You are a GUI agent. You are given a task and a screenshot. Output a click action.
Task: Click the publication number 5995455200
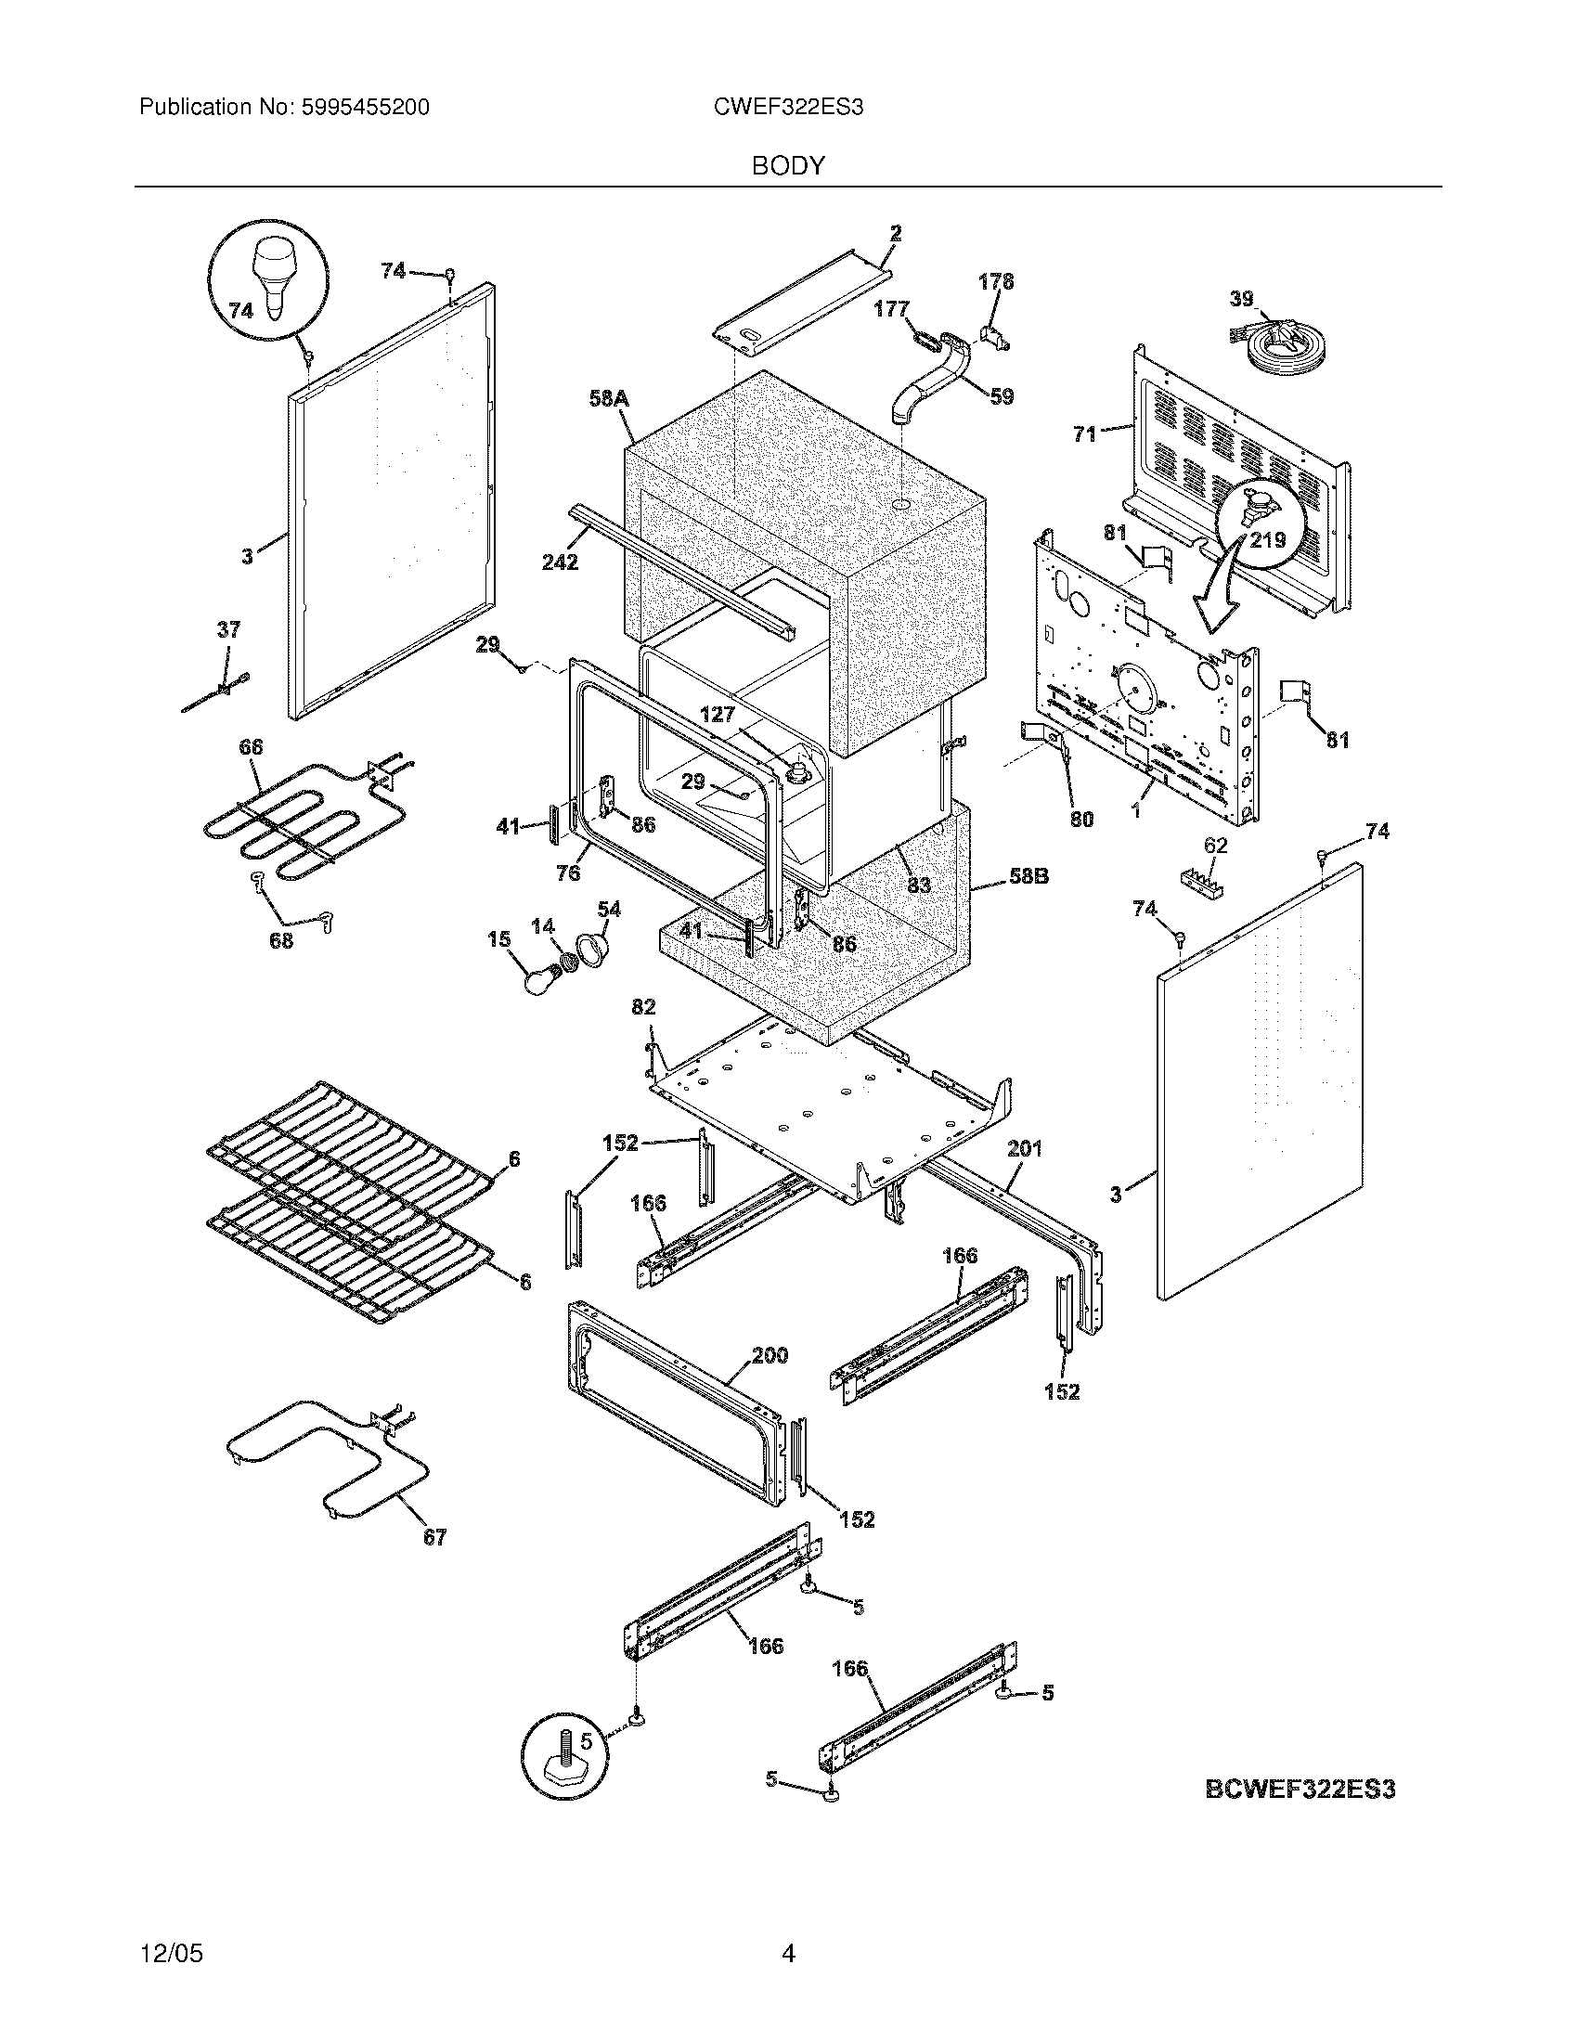[366, 108]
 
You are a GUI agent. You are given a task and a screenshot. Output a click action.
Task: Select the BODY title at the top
[788, 166]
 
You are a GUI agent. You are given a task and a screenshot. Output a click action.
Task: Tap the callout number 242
[559, 562]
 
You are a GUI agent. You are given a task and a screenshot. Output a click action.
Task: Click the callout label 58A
[609, 399]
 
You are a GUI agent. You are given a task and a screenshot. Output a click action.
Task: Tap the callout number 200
[770, 1355]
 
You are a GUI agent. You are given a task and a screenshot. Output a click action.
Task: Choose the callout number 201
[1025, 1148]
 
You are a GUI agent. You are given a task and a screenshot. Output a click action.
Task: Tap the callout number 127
[718, 716]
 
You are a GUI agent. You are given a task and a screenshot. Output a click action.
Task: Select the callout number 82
[643, 1007]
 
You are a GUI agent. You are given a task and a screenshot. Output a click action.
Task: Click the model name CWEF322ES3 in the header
[788, 108]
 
